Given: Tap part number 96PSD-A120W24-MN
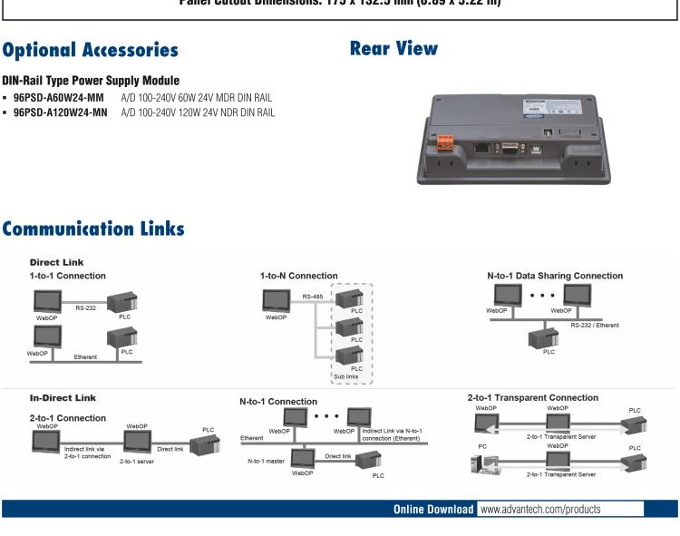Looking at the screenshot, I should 59,112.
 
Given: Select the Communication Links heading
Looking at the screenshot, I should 94,230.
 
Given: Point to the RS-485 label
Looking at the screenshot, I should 313,295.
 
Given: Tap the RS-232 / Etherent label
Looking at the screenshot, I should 597,323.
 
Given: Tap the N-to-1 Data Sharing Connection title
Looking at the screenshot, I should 555,275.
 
